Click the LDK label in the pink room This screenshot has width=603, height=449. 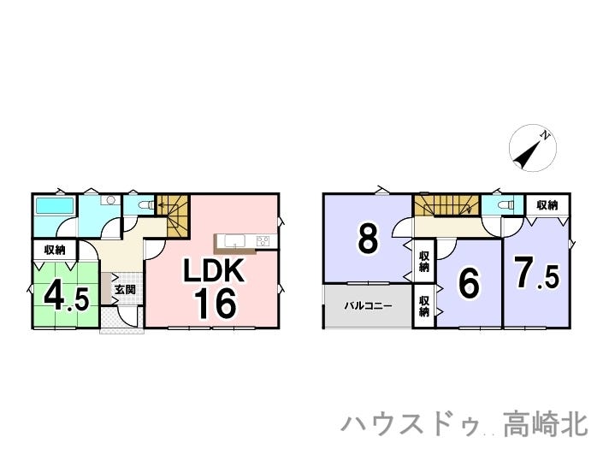tap(216, 272)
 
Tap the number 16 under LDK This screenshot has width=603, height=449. tap(215, 304)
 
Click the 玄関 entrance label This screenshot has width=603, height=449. tap(124, 289)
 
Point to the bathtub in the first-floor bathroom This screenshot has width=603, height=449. tap(55, 206)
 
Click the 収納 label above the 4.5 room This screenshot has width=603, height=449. tap(55, 250)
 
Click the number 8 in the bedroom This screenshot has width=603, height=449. tap(368, 240)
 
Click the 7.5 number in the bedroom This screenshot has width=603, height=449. tap(535, 274)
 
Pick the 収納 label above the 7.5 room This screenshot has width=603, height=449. tap(547, 205)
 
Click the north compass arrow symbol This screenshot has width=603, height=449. tap(533, 148)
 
